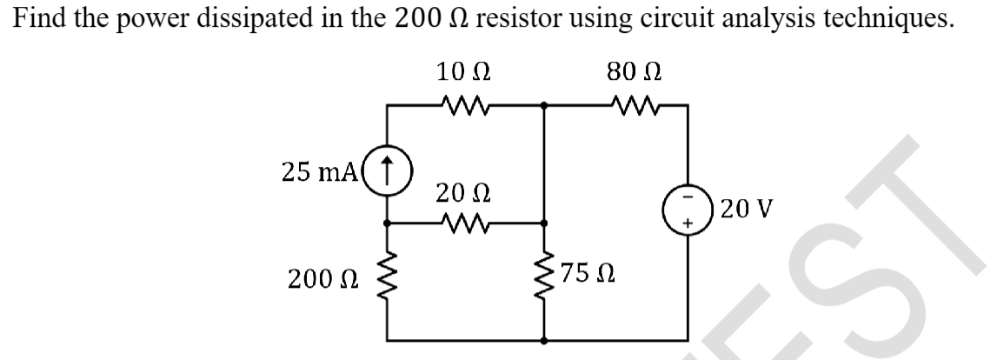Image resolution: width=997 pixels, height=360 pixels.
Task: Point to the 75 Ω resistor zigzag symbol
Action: pos(544,281)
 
